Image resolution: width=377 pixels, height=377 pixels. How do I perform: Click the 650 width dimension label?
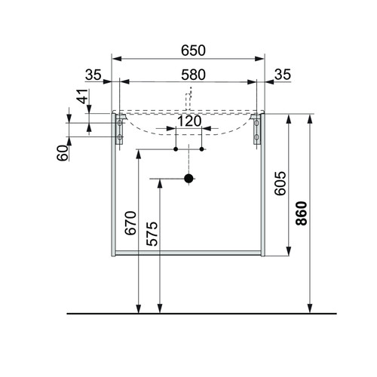click(x=193, y=51)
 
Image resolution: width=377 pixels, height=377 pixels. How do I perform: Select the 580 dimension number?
click(x=193, y=75)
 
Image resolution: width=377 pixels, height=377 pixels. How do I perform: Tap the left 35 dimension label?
click(x=93, y=75)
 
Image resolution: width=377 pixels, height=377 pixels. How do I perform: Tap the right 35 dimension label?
click(x=283, y=75)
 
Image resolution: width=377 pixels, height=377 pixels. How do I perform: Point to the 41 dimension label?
click(x=83, y=97)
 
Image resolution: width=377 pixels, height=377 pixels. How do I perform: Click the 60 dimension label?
click(x=63, y=153)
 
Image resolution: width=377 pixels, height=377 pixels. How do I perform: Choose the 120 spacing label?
click(x=189, y=121)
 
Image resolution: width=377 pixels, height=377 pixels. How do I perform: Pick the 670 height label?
click(x=130, y=223)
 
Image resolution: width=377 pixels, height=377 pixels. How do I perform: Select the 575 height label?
click(x=152, y=234)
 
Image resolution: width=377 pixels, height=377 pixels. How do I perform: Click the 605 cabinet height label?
click(x=280, y=183)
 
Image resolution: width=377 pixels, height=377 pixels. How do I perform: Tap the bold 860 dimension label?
click(x=302, y=213)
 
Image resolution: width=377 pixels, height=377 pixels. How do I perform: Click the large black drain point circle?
click(x=188, y=179)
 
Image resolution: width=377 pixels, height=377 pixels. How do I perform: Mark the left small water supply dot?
click(x=176, y=149)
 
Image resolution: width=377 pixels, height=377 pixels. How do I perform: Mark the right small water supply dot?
click(x=201, y=149)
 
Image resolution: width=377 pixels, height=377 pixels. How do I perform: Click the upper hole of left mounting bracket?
click(x=120, y=123)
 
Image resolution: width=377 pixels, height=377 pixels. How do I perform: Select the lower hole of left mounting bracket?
click(x=120, y=137)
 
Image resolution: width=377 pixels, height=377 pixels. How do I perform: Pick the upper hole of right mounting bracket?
click(x=256, y=123)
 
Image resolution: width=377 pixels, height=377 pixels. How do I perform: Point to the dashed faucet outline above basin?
click(x=188, y=99)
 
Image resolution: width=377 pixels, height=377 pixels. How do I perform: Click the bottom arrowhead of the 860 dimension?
click(x=310, y=308)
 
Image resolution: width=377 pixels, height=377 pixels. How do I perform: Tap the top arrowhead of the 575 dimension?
click(x=160, y=184)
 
